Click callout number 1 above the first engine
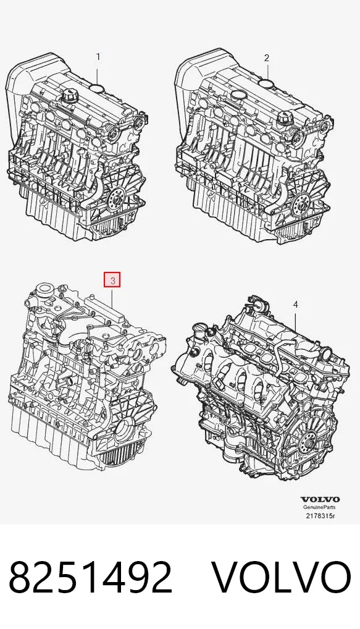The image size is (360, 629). [x=98, y=57]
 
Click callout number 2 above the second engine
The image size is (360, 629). [x=267, y=58]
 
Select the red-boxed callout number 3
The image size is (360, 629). [x=112, y=281]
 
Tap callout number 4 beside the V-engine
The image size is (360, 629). [x=295, y=305]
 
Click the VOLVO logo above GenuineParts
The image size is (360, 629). [x=320, y=499]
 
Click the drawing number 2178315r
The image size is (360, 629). [x=320, y=516]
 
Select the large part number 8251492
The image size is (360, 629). [x=91, y=577]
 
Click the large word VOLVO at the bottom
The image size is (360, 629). [x=281, y=577]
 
